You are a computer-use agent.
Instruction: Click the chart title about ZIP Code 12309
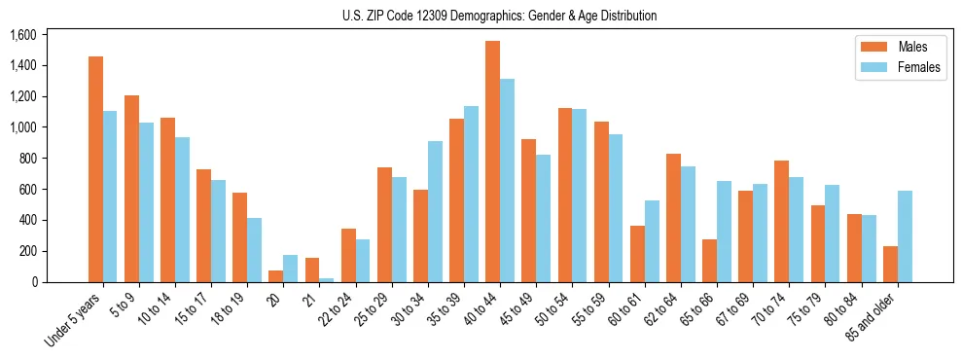(x=499, y=16)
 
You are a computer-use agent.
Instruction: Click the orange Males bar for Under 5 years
(x=95, y=169)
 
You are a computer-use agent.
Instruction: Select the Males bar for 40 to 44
(x=492, y=162)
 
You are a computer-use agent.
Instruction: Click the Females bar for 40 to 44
(x=507, y=181)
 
